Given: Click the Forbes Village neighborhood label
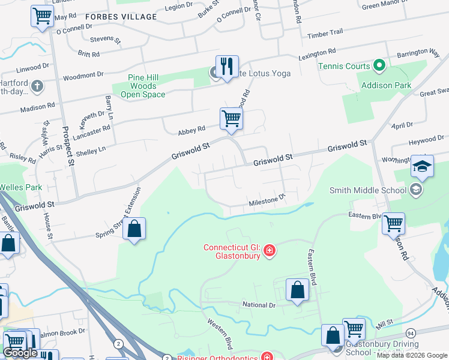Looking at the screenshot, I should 121,17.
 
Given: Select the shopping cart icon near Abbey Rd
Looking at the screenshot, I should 231,118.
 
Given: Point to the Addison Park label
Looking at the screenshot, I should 386,85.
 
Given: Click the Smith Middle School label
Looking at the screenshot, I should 367,190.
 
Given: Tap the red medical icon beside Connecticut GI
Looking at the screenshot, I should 270,250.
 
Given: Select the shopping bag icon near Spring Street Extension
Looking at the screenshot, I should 134,229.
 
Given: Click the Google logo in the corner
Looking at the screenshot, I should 20,353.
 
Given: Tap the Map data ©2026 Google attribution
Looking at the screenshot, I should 411,355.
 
